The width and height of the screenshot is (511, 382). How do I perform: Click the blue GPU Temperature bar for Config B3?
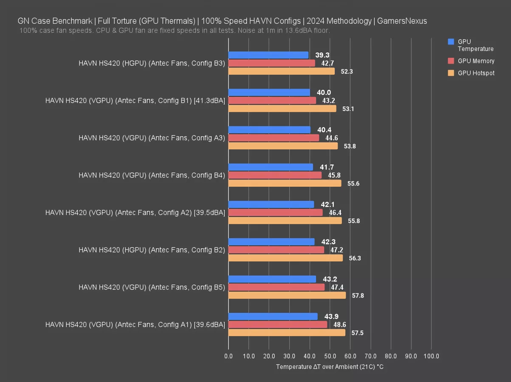click(x=268, y=55)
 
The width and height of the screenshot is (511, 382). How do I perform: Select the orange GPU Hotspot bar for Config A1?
click(x=287, y=333)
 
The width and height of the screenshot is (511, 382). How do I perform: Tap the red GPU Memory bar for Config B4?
click(x=275, y=175)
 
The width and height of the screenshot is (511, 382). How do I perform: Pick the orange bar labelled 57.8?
click(x=287, y=295)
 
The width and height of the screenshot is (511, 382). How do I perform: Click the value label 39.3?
click(x=322, y=55)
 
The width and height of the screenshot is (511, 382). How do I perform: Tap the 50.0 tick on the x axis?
click(x=330, y=356)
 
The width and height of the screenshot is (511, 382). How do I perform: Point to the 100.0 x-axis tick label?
click(x=432, y=356)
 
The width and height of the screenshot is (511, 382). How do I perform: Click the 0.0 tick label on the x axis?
click(x=229, y=356)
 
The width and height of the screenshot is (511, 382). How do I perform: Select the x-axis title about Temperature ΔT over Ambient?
click(x=330, y=367)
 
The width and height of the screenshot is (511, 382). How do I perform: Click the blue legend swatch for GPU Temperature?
click(x=451, y=42)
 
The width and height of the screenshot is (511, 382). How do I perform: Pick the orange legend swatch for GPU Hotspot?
click(x=451, y=73)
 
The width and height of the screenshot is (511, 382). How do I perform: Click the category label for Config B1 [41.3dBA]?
click(x=135, y=101)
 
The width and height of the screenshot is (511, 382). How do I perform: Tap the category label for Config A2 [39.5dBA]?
click(x=135, y=213)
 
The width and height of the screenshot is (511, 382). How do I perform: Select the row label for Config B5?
click(x=152, y=287)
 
